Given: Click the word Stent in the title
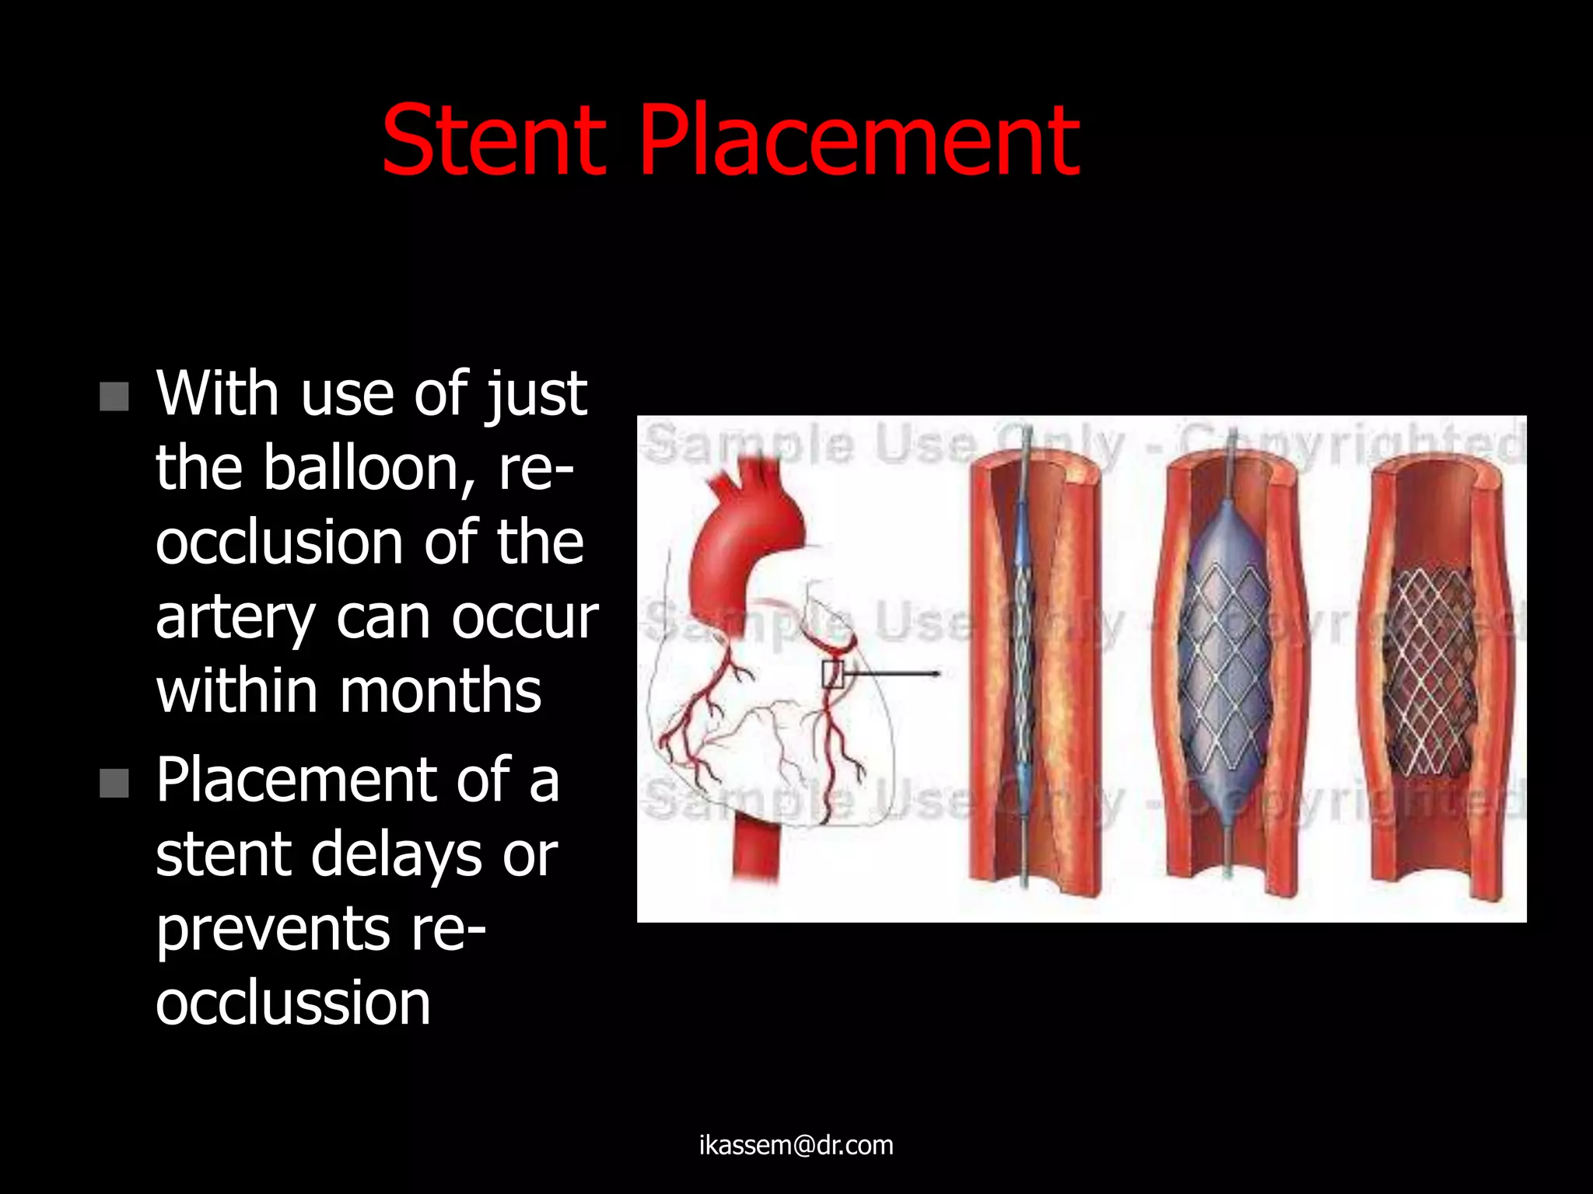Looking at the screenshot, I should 493,141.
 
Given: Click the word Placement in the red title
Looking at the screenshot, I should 859,141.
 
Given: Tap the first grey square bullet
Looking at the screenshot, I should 114,396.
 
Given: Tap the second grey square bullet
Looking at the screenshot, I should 114,783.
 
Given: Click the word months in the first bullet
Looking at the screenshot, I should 440,690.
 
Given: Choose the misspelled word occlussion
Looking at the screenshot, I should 292,1002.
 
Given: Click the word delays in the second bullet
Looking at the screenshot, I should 397,854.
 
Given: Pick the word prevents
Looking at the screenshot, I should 273,929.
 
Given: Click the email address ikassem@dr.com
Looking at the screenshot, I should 796,1145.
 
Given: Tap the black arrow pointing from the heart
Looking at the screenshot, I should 895,673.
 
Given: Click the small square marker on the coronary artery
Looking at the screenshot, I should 832,674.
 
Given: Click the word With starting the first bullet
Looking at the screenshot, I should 217,394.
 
